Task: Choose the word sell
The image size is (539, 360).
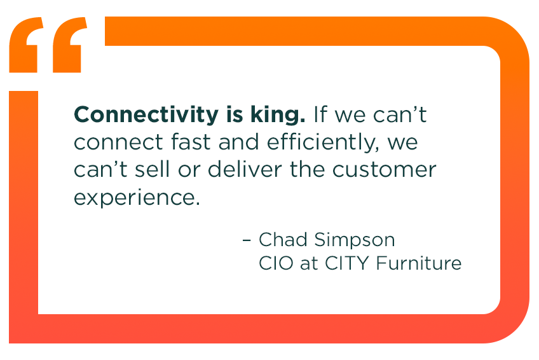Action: pos(164,169)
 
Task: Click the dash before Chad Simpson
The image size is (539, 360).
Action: pos(247,240)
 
